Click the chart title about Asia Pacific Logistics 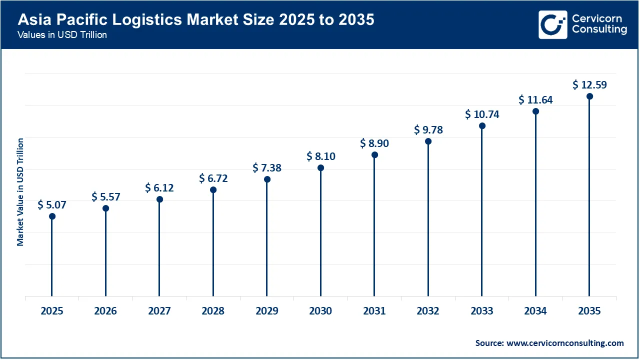tap(195, 20)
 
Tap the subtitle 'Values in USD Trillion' tap(62, 35)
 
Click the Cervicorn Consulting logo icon tap(552, 24)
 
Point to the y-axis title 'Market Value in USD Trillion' tap(20, 192)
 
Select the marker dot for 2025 tap(52, 216)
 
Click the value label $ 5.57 tap(106, 197)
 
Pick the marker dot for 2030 tap(321, 168)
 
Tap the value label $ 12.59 tap(589, 85)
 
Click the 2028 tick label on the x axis tap(213, 311)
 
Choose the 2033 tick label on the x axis tap(482, 311)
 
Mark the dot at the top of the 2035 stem tap(589, 96)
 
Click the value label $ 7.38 tap(267, 168)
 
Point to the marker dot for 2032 tap(428, 141)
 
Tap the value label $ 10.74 tap(482, 114)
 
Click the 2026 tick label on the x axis tap(105, 311)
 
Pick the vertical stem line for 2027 tap(159, 250)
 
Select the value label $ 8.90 tap(374, 143)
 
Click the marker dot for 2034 tap(535, 111)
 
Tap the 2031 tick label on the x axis tap(374, 311)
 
